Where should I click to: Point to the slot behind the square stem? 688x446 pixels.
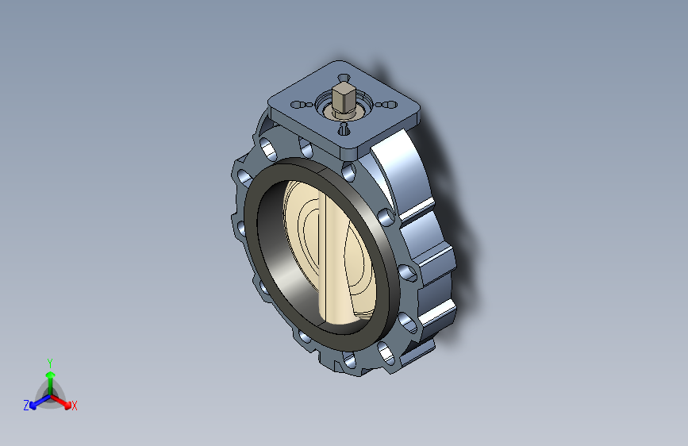(344, 78)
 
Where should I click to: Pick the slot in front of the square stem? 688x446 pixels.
(344, 129)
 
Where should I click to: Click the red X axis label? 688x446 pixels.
(74, 406)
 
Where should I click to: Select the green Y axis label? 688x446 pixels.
(50, 363)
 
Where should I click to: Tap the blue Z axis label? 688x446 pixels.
(26, 406)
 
